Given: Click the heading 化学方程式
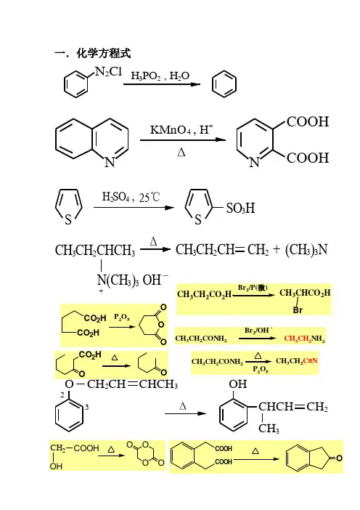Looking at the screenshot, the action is coord(104,53).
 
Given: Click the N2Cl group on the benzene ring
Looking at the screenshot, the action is coord(108,72).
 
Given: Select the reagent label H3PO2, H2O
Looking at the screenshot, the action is coord(160,76).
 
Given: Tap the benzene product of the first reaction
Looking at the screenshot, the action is coord(224,84).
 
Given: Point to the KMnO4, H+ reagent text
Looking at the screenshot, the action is coord(181,129).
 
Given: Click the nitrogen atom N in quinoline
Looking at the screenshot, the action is coord(110,162).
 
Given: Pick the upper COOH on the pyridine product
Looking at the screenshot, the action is coord(308,121).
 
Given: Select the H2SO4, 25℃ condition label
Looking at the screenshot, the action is coord(131,197).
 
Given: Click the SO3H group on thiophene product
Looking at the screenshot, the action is coord(240,209).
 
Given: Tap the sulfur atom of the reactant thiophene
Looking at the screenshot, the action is coord(68,219).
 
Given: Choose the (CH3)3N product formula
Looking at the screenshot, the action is coord(306,250).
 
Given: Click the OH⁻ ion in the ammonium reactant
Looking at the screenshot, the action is coord(156,280).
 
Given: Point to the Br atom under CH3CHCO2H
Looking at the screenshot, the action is coord(298,309).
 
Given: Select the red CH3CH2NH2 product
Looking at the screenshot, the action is coord(304,339).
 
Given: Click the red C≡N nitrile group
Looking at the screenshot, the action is coord(311,361).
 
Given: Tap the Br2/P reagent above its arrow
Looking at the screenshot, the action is coord(253,288).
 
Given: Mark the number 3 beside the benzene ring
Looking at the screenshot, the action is coord(87,407).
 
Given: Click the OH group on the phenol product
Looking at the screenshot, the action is coord(238,384).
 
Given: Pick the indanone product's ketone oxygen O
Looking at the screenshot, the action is coord(339,458).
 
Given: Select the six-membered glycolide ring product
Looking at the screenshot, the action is coord(146,453).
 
